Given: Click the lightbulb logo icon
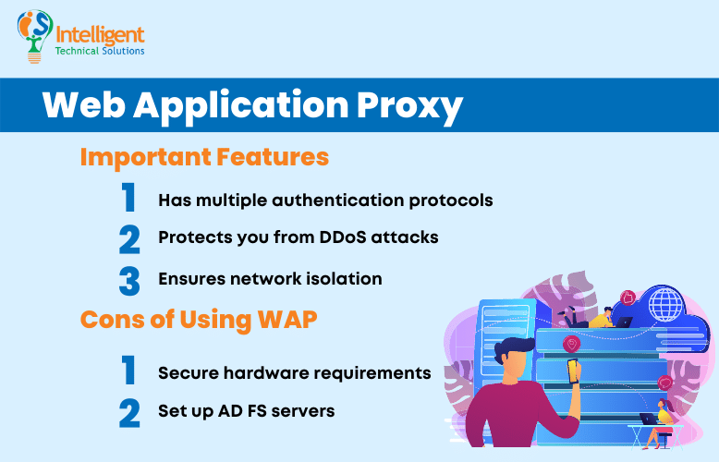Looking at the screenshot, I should (35, 35).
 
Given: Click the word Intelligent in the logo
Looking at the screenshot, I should (100, 35).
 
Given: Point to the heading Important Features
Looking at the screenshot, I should (204, 157).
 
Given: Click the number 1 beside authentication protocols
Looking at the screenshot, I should (128, 199).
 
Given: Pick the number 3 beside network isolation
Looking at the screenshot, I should (128, 279).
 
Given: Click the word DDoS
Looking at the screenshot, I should (347, 237).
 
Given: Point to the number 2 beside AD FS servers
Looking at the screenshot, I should (128, 412).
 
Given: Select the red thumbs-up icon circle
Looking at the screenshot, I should (628, 298).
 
